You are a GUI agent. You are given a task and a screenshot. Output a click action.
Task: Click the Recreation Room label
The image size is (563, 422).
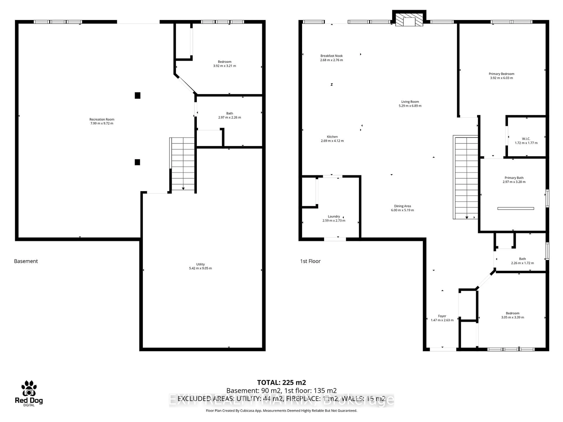102,119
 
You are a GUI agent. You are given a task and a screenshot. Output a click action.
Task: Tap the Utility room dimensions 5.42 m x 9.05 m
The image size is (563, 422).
200,268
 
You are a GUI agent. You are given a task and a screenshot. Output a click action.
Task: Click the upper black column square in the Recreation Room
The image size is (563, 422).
137,95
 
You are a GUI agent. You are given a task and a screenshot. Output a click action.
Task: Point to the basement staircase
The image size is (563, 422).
183,164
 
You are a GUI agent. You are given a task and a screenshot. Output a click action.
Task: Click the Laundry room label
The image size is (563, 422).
334,216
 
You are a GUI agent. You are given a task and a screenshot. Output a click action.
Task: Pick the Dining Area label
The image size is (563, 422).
402,206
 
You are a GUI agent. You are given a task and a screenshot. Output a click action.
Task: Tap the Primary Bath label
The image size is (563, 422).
514,178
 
